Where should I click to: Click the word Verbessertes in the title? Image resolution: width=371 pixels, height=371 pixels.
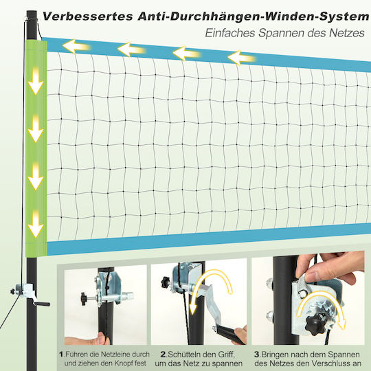click(x=87, y=16)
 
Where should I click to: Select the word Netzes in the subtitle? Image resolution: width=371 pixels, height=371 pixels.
click(x=347, y=33)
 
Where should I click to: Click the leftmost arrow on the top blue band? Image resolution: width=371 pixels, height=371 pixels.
click(x=76, y=47)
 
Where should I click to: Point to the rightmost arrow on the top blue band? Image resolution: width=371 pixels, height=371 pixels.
click(x=242, y=58)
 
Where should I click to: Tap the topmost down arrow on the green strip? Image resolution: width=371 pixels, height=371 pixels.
click(x=36, y=81)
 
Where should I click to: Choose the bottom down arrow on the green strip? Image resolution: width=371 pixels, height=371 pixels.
click(x=36, y=224)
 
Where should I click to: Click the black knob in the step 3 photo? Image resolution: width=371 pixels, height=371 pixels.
click(x=315, y=325)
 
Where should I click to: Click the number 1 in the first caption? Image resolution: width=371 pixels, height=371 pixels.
click(x=62, y=355)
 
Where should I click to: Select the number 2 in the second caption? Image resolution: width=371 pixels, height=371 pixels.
click(x=163, y=355)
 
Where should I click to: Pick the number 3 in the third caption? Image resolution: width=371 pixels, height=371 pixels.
click(x=257, y=355)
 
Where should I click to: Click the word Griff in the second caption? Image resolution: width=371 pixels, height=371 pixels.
click(x=227, y=355)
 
